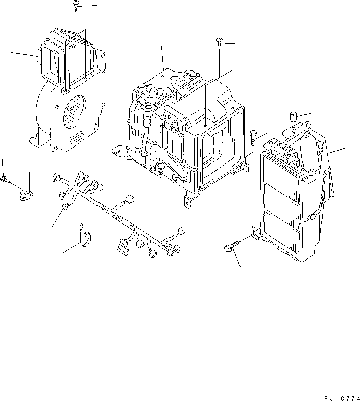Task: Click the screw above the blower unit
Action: (75, 5)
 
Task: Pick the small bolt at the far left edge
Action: (4, 179)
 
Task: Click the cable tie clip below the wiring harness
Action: (85, 236)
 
